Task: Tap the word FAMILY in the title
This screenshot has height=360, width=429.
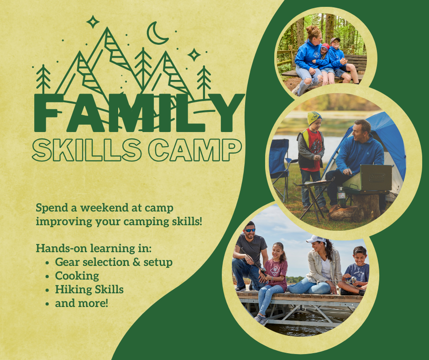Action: pyautogui.click(x=139, y=112)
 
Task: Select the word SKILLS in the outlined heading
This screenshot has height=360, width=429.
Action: pyautogui.click(x=87, y=149)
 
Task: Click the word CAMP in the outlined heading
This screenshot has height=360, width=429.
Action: pyautogui.click(x=195, y=149)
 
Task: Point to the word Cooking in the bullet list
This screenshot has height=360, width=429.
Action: pyautogui.click(x=77, y=276)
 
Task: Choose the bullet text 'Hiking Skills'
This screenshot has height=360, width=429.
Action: pyautogui.click(x=89, y=289)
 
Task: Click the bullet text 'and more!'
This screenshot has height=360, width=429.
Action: pyautogui.click(x=82, y=303)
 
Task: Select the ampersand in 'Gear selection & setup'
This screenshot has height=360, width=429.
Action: pyautogui.click(x=136, y=262)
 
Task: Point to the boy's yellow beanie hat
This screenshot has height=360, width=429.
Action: pyautogui.click(x=314, y=118)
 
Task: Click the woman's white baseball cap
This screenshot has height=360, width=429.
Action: pyautogui.click(x=316, y=239)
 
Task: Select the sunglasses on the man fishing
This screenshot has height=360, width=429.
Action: pyautogui.click(x=250, y=230)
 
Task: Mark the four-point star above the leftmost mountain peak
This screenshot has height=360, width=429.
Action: pyautogui.click(x=93, y=21)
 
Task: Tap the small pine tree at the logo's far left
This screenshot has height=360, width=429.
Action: pyautogui.click(x=43, y=79)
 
